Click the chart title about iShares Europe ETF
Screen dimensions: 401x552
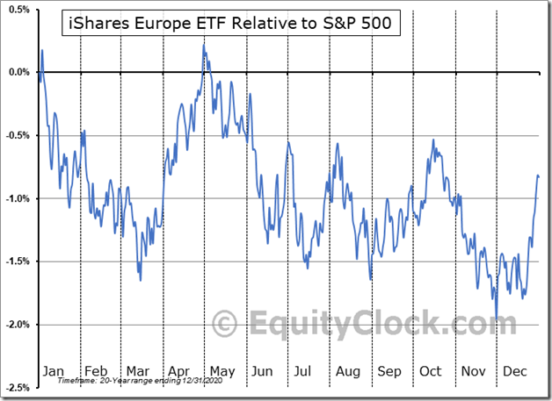click(232, 24)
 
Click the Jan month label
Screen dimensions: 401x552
click(54, 371)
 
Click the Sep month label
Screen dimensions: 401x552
click(389, 371)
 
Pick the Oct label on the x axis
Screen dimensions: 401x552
click(430, 371)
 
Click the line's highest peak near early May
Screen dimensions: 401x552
click(204, 46)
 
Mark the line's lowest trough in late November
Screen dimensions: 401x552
click(497, 320)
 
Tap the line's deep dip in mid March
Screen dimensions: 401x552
click(141, 280)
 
